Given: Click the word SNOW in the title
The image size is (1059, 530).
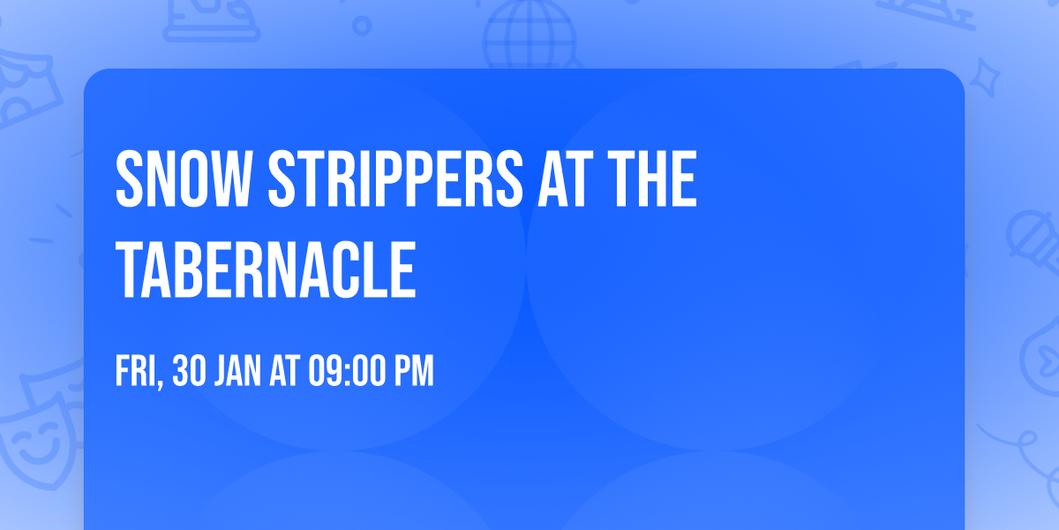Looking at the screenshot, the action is [x=183, y=178].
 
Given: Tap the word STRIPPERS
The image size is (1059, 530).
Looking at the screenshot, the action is [x=395, y=178].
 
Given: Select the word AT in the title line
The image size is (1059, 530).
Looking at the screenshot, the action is [x=566, y=178].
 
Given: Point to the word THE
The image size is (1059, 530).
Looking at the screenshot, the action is [x=652, y=178].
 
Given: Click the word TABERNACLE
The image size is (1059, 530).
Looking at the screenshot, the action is [x=266, y=269].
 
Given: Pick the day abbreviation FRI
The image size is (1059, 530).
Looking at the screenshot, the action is [x=135, y=370].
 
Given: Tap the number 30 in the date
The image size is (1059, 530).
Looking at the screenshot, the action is [x=189, y=370].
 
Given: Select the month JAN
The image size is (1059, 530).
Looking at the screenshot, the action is [x=237, y=370].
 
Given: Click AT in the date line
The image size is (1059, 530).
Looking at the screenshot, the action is [x=284, y=370].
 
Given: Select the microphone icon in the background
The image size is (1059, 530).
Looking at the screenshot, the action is [x=1035, y=241].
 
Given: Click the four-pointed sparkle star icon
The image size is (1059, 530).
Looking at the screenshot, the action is [x=984, y=78].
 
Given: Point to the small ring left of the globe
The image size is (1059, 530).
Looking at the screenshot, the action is [x=362, y=26].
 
